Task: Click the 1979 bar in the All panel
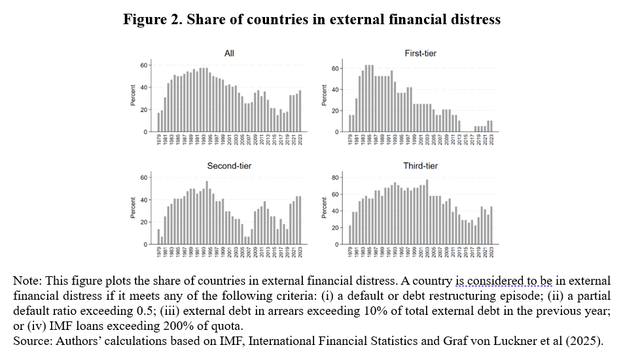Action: coord(158,122)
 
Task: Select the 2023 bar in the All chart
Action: coord(300,111)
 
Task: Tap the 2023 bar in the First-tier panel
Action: coord(492,126)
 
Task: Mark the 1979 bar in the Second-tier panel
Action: coord(158,237)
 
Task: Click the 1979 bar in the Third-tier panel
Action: coord(350,235)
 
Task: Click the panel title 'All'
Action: coord(229,53)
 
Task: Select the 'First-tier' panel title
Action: coord(421,53)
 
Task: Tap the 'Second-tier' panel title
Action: coord(229,166)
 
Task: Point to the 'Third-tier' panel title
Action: coord(421,166)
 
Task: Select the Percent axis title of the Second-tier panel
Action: coord(132,209)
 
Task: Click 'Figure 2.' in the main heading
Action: coord(153,20)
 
